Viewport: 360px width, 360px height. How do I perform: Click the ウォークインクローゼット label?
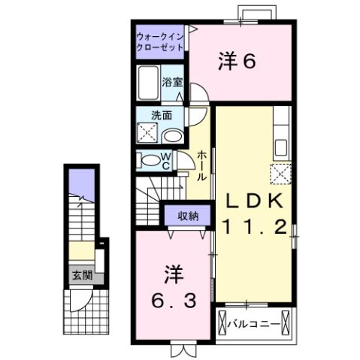(x=160, y=43)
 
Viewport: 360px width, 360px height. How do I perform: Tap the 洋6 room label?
(x=238, y=61)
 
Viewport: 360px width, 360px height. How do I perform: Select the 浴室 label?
(x=173, y=82)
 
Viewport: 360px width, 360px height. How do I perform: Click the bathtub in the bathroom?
(x=148, y=83)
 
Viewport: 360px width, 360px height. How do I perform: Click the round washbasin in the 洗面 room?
(x=174, y=136)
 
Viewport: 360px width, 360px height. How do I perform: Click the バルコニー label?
(x=256, y=323)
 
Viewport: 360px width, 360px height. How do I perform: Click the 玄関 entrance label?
(x=82, y=275)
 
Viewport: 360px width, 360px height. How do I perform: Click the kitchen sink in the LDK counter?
(x=283, y=144)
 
